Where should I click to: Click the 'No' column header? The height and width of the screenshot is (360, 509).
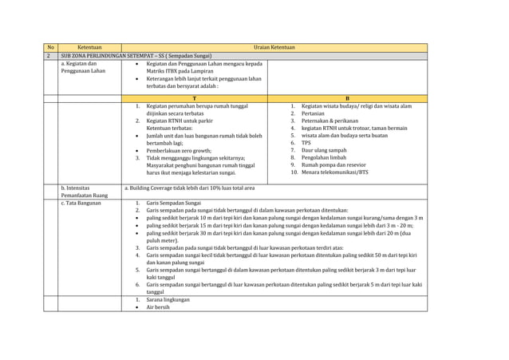pos(50,48)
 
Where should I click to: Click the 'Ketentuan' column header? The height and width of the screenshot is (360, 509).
pos(89,48)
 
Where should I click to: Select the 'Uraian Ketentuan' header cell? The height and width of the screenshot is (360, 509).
pos(274,48)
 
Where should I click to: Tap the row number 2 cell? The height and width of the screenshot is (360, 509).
pos(50,56)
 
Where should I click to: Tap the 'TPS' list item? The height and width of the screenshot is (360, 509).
pos(306,143)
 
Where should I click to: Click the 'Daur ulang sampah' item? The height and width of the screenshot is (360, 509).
pos(326,150)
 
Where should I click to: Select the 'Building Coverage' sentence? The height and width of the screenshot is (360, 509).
pos(190,188)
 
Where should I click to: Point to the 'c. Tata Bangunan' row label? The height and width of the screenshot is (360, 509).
pos(81,203)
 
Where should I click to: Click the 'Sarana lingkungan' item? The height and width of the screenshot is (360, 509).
pos(168,299)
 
